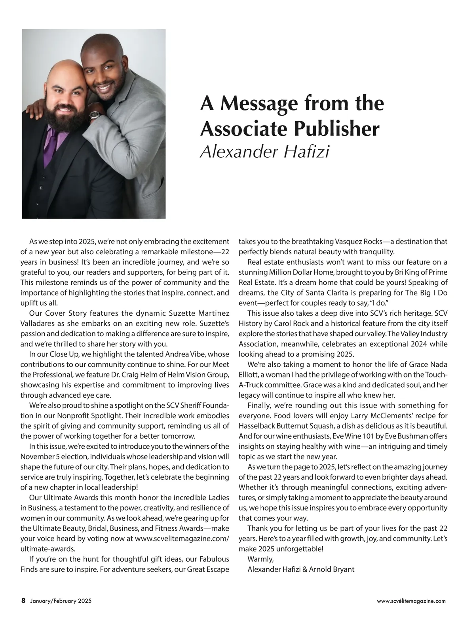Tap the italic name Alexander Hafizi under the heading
264,152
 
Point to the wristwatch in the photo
95,115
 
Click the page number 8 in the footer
23,600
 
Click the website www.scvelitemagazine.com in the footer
411,601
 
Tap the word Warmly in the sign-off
260,559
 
